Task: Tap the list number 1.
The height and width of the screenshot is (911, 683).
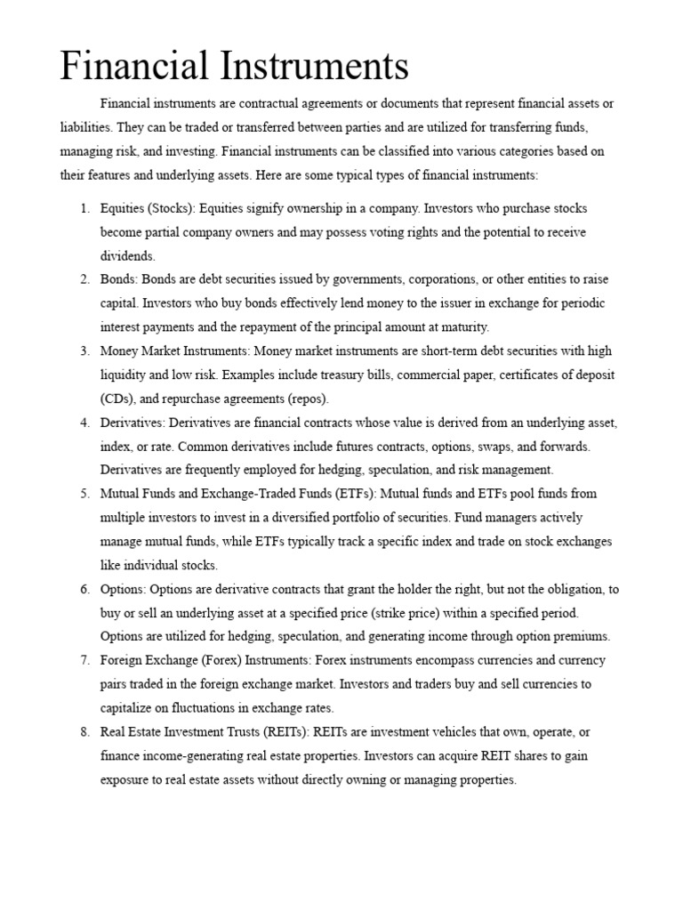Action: coord(84,208)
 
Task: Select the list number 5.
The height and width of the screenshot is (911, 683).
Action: coord(84,493)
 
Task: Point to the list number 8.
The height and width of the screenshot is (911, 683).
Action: coord(84,731)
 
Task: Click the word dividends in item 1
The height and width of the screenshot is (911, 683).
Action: coord(126,255)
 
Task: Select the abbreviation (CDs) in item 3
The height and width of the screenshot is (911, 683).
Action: coord(118,398)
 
